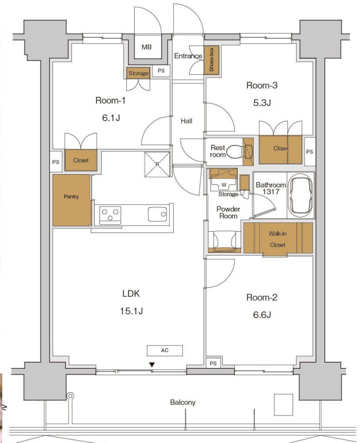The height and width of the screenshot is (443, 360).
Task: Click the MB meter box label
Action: (146, 47)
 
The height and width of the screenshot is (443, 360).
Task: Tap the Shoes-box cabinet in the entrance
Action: (211, 60)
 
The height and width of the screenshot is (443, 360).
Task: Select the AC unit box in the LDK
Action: (165, 351)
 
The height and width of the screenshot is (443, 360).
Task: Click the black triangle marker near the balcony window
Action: (152, 365)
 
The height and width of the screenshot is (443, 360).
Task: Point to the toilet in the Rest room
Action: (235, 151)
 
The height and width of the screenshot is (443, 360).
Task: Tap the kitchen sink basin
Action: (158, 214)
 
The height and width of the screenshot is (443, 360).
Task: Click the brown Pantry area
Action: (71, 200)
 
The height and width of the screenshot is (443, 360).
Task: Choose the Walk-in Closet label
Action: (277, 239)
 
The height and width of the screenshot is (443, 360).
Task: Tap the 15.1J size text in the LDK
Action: (131, 311)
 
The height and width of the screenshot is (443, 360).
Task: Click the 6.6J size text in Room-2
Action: (262, 315)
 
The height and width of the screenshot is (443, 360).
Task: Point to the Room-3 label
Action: (262, 85)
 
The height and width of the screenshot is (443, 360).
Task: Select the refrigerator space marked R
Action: (157, 164)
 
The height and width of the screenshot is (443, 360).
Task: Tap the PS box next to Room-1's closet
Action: (55, 162)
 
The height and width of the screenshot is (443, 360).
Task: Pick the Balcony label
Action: (183, 402)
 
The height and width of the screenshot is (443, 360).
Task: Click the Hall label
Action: (187, 121)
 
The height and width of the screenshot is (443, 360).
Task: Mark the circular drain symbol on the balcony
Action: (70, 396)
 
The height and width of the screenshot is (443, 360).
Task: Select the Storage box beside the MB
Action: (138, 73)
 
